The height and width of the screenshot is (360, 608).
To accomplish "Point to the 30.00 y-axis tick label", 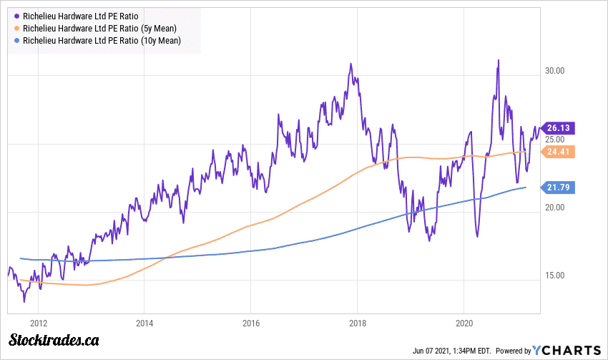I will tap(556, 71).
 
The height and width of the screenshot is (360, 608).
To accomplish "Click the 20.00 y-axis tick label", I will tap(556, 208).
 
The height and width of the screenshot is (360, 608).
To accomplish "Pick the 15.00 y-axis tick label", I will tap(556, 276).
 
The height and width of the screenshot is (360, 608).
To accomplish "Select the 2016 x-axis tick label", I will tap(250, 323).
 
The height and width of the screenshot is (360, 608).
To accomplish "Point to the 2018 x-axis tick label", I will tap(358, 323).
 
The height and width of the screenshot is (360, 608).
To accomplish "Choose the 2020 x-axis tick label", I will tap(464, 323).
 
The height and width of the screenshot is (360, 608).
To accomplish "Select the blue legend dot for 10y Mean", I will tap(16, 42).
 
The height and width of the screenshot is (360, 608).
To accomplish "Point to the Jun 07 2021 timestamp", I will tap(451, 351).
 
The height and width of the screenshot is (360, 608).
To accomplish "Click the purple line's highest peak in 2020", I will tap(498, 61).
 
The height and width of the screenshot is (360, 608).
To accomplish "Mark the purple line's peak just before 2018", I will tap(350, 64).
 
